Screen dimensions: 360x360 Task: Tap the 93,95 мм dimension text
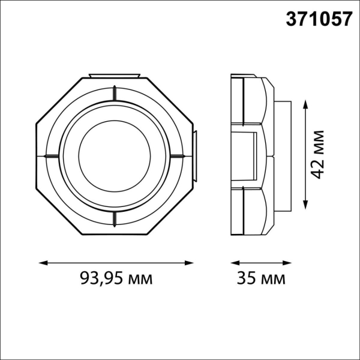(116, 278)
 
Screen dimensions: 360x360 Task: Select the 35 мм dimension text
(262, 278)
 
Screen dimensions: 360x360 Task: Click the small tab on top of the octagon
(114, 76)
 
